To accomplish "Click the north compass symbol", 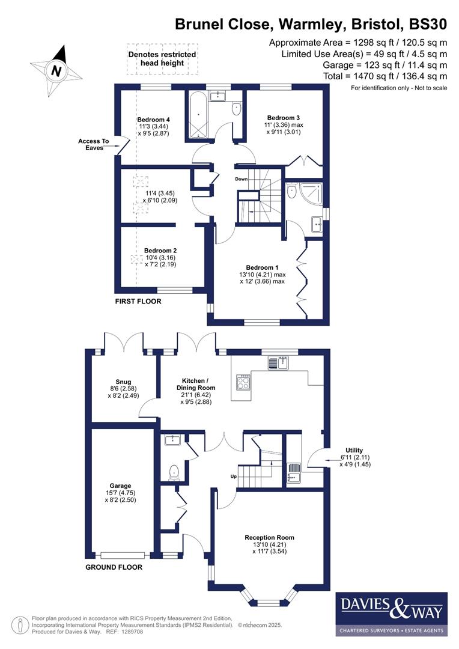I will click(x=56, y=70).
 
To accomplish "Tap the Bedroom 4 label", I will click(x=153, y=120).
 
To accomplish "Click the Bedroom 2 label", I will click(x=160, y=251).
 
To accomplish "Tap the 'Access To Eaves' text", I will click(x=93, y=145).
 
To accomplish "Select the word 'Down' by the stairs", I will click(x=241, y=179).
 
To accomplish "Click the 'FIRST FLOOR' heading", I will click(x=138, y=301).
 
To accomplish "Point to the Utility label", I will click(x=354, y=450).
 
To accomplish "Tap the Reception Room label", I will click(x=269, y=537).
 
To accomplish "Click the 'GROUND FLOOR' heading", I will click(x=114, y=567).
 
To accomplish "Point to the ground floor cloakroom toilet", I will click(x=175, y=472).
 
